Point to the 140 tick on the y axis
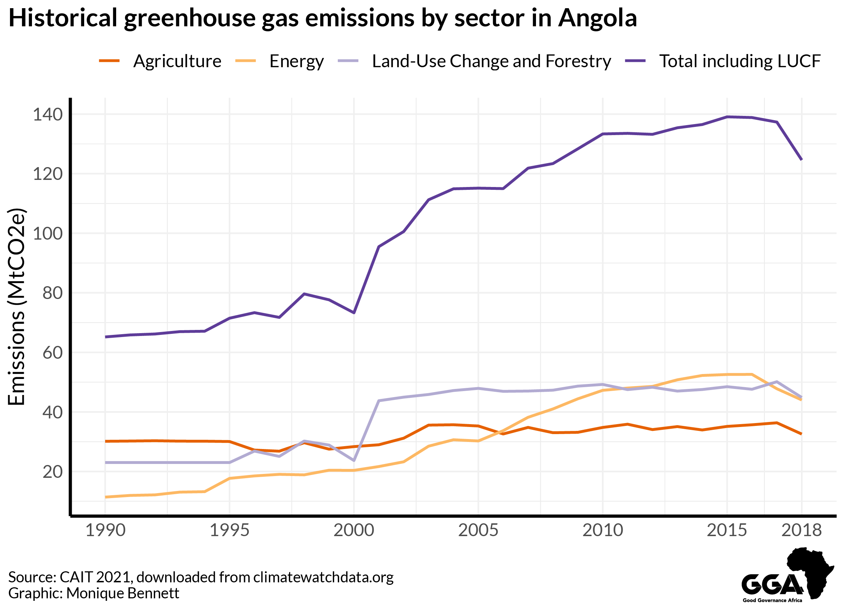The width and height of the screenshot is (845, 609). (x=48, y=114)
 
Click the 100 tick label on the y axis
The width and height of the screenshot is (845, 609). (x=48, y=234)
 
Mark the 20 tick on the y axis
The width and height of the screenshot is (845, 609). (x=53, y=472)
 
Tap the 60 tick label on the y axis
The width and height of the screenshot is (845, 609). (x=53, y=353)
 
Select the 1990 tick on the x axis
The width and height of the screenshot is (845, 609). (x=105, y=530)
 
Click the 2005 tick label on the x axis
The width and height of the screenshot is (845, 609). (x=478, y=530)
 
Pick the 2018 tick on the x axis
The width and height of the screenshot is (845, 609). (x=801, y=530)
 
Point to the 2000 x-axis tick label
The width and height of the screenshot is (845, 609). (x=353, y=530)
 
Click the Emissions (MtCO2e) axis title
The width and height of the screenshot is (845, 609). (x=16, y=306)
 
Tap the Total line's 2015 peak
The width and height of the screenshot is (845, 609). (x=727, y=117)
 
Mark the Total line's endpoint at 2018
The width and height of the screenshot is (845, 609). (x=801, y=160)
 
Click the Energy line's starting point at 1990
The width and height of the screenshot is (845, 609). (x=106, y=497)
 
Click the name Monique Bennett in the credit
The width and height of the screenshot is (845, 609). (x=123, y=593)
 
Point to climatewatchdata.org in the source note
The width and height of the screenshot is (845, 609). (x=323, y=577)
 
